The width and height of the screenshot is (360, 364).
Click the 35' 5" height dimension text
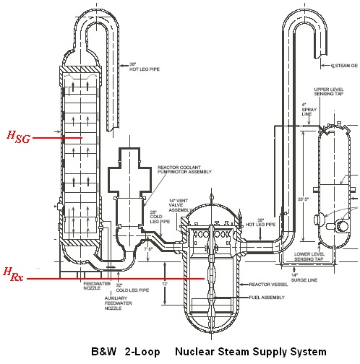[x=309, y=198]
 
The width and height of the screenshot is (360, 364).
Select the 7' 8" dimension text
[x=150, y=248]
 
